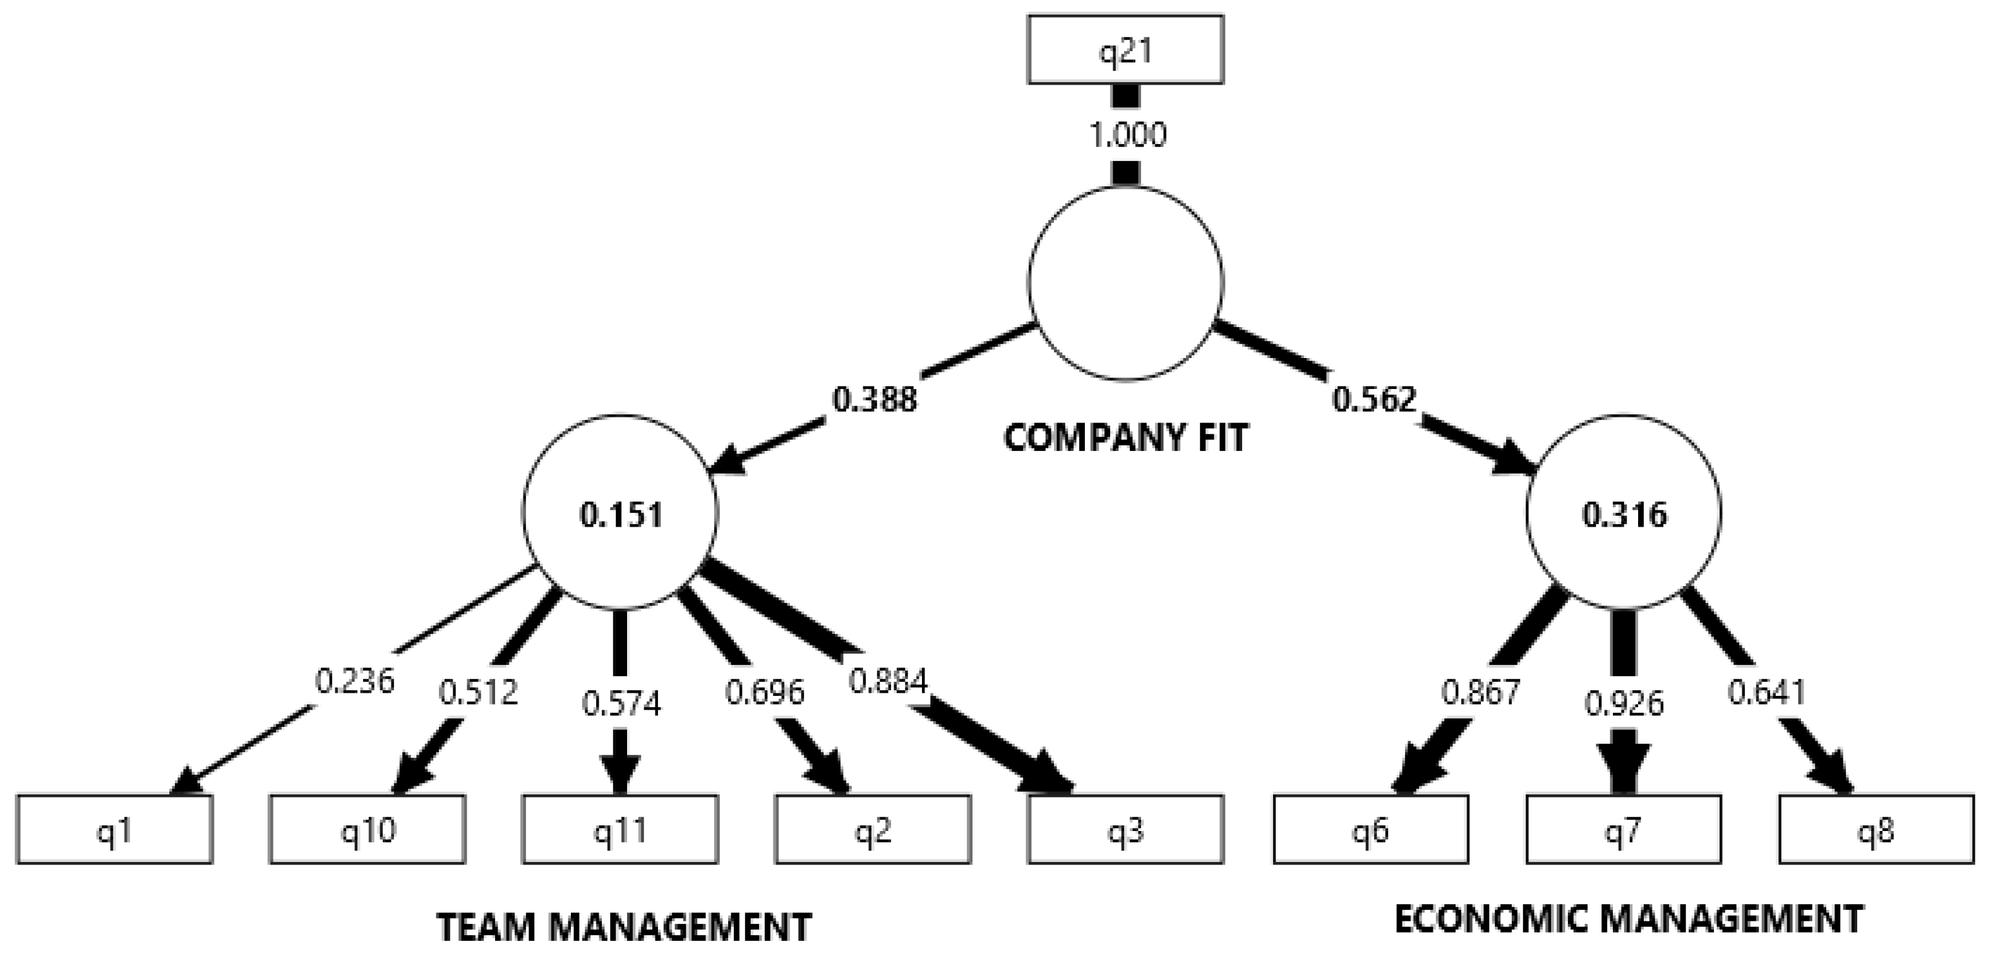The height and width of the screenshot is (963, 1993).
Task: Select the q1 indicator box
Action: click(114, 829)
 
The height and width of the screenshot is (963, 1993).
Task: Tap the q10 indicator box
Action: click(368, 829)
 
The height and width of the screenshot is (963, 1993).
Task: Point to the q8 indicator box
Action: click(1876, 829)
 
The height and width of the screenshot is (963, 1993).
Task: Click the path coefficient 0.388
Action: click(874, 400)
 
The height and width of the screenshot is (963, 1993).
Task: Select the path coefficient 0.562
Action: click(1374, 400)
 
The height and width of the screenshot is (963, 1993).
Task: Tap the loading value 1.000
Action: click(1127, 135)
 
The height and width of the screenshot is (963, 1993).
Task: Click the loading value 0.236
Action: click(354, 681)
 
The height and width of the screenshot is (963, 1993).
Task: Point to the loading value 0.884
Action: click(887, 681)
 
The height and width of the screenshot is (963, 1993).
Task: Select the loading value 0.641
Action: click(1766, 692)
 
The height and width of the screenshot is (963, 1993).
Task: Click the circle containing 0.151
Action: click(621, 513)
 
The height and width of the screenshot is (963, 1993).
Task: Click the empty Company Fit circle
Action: click(1126, 283)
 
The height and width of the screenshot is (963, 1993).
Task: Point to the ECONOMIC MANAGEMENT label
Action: click(1629, 919)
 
